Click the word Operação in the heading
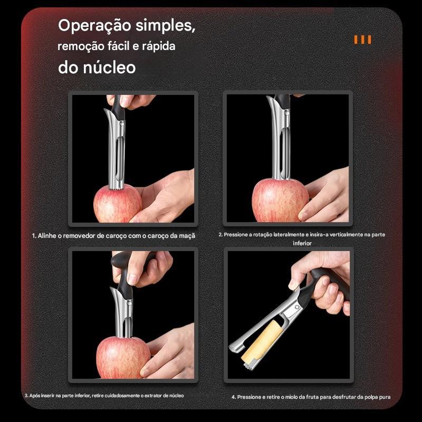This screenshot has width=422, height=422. coord(94,26)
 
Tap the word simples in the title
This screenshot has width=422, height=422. coord(166,26)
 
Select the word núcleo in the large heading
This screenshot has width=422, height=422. coord(109,68)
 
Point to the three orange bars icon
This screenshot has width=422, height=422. coord(362,40)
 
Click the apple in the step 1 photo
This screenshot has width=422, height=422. coord(118,204)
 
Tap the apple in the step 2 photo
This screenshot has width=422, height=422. coord(280,200)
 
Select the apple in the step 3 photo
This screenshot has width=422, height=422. coord(123,357)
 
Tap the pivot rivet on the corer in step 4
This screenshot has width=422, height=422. coord(297,308)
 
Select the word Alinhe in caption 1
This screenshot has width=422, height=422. coord(47,236)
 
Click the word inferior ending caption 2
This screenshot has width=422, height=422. coord(302,243)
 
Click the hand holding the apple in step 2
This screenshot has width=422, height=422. coord(325,196)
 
